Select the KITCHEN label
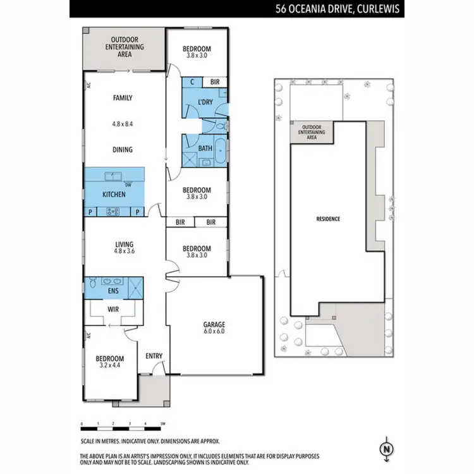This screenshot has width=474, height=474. [114, 194]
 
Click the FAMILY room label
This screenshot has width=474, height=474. [123, 98]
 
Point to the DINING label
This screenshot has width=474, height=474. [123, 150]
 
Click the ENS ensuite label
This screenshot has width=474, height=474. [114, 290]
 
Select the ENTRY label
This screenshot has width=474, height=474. [154, 356]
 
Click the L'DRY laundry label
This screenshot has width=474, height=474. [204, 102]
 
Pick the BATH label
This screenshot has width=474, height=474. [205, 149]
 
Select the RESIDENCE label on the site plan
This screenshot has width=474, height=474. [328, 219]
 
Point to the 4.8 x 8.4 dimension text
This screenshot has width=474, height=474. [123, 125]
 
